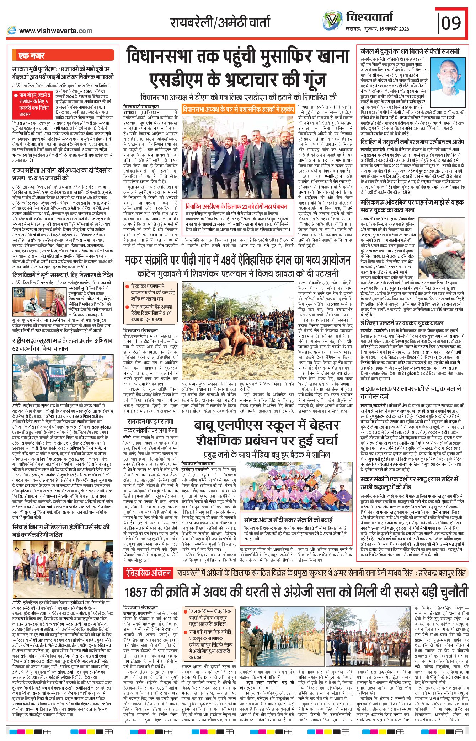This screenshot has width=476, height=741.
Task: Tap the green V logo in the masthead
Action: pos(333,20)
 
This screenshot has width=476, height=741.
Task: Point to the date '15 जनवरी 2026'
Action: pos(394,29)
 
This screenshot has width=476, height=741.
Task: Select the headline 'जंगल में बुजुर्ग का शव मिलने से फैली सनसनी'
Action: pos(410,51)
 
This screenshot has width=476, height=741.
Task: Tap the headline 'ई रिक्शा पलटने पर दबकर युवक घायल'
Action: pos(402,323)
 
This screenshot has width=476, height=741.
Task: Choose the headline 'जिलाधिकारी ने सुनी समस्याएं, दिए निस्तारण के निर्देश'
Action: pos(63,275)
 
